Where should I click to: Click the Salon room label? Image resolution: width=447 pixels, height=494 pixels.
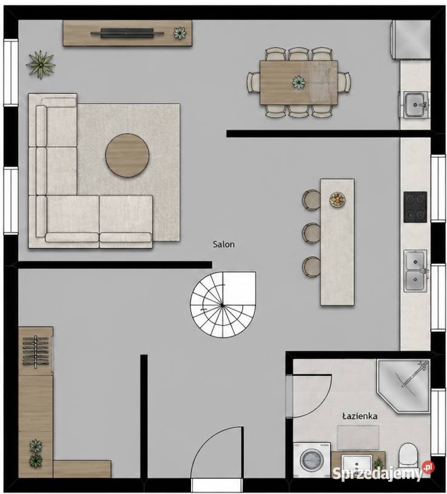(223, 244)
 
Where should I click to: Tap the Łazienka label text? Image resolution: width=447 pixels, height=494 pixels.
(360, 416)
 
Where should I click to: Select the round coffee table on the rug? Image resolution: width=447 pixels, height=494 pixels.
(127, 155)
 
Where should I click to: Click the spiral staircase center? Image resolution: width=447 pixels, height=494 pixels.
(222, 305)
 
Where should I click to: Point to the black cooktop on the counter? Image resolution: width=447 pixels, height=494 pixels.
(415, 207)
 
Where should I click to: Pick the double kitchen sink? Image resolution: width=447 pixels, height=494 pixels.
(415, 271)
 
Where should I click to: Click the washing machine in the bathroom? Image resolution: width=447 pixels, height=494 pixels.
(312, 460)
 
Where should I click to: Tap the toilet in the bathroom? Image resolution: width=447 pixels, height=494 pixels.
(408, 457)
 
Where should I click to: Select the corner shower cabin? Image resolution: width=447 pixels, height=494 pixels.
(403, 386)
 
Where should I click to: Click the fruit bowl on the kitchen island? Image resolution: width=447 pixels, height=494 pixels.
(337, 200)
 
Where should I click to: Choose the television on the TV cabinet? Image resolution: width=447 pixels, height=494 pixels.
(127, 33)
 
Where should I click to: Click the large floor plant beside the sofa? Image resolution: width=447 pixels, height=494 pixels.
(41, 64)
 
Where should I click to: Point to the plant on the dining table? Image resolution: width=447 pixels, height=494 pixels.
(298, 82)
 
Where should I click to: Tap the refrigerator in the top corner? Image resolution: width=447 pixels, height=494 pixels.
(411, 39)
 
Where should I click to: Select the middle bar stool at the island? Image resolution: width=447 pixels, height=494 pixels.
(311, 233)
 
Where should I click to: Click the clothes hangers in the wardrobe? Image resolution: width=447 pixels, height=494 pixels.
(35, 351)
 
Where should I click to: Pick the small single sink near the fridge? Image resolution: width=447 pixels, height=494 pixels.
(415, 104)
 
